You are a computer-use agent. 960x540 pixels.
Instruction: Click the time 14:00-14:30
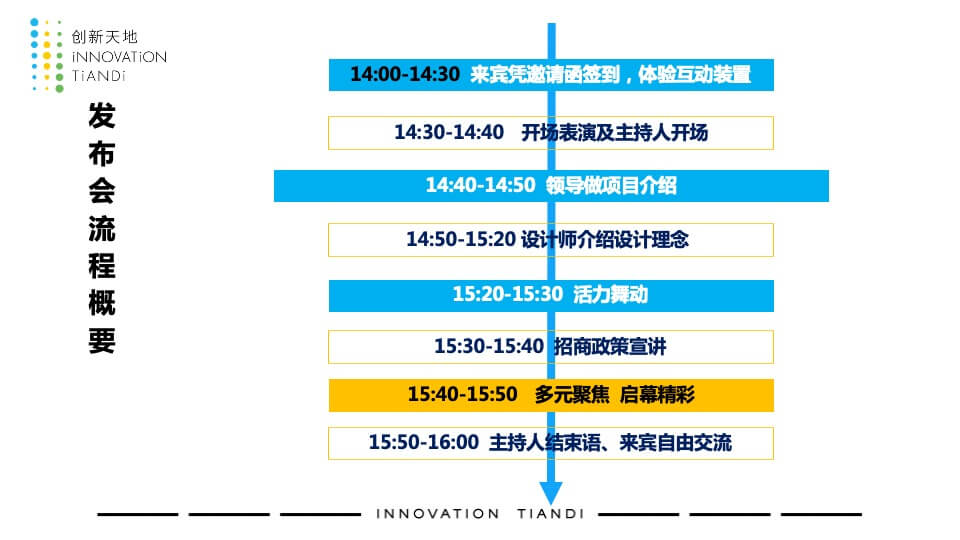405,74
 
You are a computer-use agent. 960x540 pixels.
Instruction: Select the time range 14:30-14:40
449,132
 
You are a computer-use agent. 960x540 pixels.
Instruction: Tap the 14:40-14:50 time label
481,185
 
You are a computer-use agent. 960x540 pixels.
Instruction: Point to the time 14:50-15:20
461,239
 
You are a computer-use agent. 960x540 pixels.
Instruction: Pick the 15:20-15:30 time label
508,294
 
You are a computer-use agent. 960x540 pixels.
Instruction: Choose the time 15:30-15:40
489,347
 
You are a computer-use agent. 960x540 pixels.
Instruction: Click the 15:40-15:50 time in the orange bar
462,394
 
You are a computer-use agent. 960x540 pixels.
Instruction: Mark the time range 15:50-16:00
423,442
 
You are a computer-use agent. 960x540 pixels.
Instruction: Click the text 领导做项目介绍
611,185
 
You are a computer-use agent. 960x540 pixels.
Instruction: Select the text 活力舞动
610,294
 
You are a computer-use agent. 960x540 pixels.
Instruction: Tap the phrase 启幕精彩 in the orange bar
657,394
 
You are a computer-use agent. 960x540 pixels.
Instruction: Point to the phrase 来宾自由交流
675,443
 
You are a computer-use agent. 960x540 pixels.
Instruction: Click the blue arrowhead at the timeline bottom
551,492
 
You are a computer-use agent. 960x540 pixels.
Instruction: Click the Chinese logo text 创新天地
105,37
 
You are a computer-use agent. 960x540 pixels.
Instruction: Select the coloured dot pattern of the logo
47,56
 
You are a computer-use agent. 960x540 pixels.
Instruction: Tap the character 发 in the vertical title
102,116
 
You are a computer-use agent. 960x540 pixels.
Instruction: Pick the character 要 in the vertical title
102,341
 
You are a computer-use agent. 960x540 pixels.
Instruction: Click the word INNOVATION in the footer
438,514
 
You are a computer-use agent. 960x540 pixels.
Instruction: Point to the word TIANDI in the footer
550,514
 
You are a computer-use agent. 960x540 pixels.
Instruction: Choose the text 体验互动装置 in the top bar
694,75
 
